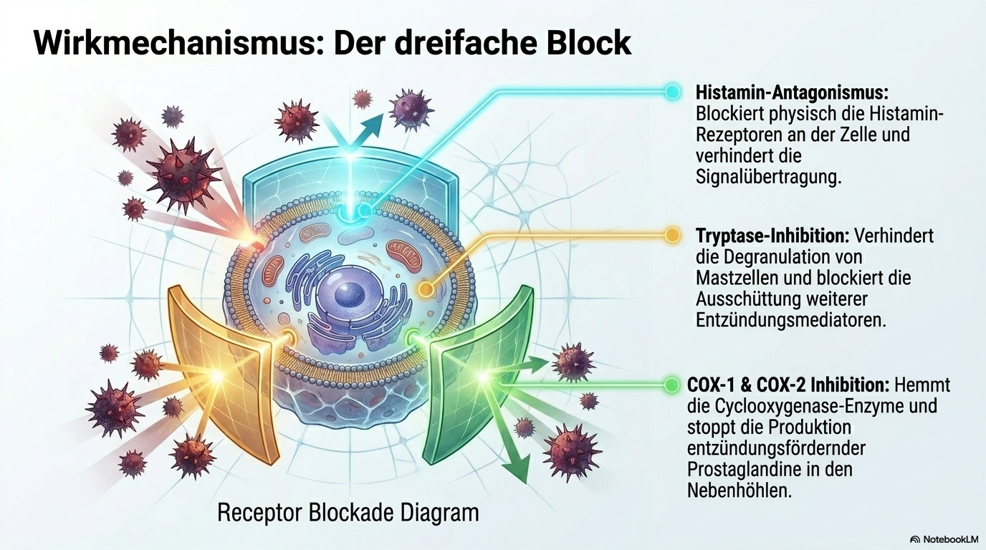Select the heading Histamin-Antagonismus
(792, 93)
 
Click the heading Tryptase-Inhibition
(772, 236)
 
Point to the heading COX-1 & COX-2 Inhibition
(788, 385)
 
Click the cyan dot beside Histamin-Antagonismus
(672, 92)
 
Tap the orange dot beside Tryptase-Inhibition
(671, 235)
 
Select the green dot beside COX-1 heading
(671, 385)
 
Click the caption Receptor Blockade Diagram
(348, 513)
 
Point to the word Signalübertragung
(769, 178)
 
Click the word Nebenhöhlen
(739, 490)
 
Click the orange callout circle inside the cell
(425, 289)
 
